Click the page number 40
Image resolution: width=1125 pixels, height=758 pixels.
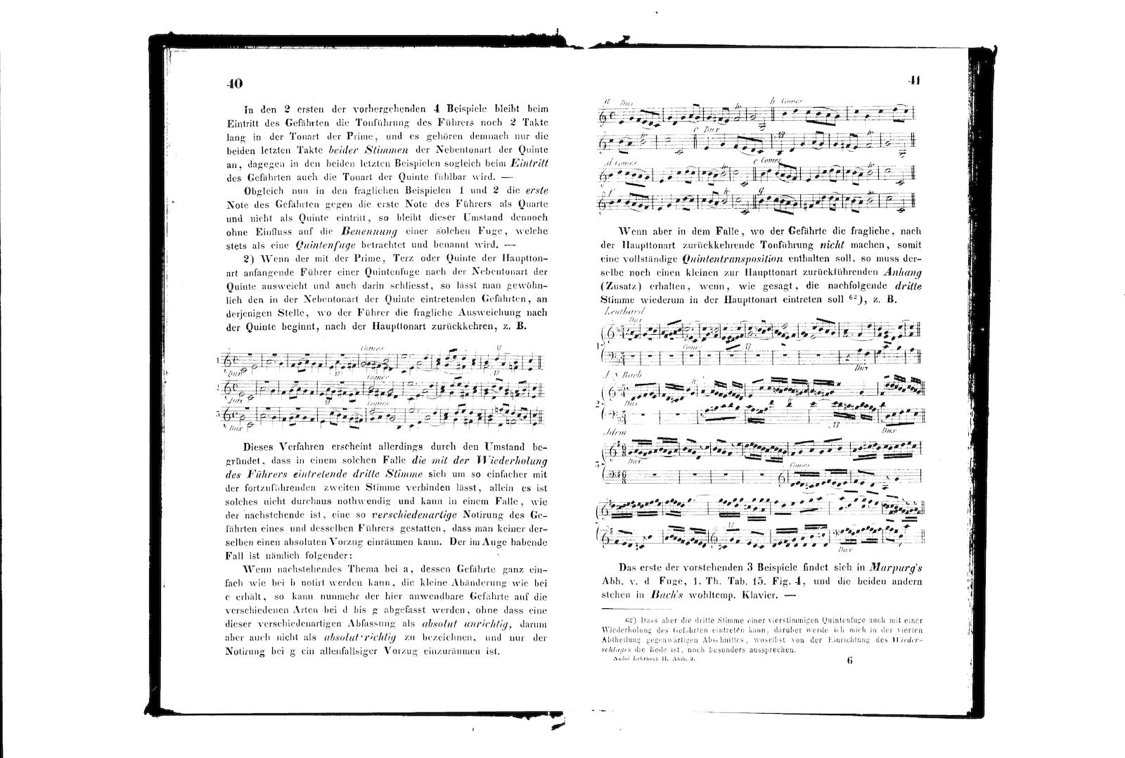(x=235, y=84)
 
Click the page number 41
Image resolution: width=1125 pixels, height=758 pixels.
(x=914, y=80)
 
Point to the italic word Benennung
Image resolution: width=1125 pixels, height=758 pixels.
(x=364, y=231)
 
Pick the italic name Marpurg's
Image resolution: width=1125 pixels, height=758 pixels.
(x=896, y=567)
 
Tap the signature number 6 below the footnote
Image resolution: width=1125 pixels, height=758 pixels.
(x=849, y=660)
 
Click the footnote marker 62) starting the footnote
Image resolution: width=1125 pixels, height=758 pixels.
(x=630, y=620)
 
